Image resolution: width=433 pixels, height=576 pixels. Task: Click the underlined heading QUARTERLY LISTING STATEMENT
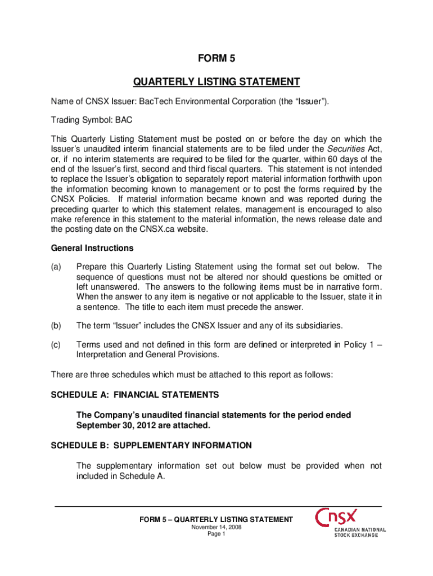pos(216,82)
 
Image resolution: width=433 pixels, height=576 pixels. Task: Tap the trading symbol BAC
pos(124,120)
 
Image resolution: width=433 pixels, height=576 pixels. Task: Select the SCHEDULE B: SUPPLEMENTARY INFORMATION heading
pos(151,445)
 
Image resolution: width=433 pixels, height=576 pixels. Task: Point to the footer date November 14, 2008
pos(216,527)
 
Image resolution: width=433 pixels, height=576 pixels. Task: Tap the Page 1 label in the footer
pos(216,534)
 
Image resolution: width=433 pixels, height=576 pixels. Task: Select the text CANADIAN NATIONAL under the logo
pos(360,530)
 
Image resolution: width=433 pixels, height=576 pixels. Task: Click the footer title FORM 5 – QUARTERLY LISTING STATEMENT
pos(216,519)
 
